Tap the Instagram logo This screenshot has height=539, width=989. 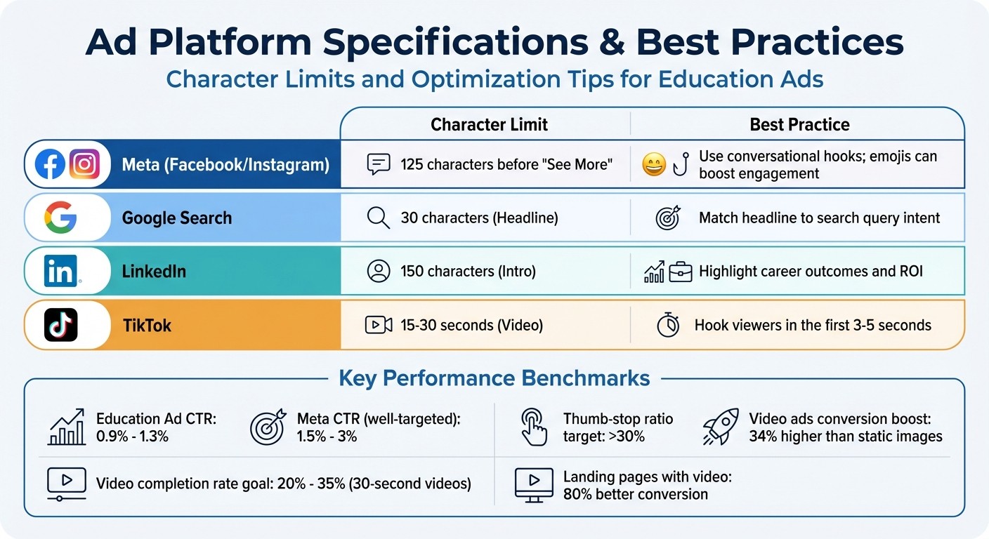84,165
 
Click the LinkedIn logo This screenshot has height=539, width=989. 60,271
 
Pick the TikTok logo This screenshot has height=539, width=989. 60,325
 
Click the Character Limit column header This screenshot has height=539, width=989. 489,125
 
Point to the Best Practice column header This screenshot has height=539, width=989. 799,125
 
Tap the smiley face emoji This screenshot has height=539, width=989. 653,165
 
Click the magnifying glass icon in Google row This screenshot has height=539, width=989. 378,218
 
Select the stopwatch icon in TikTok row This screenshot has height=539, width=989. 667,325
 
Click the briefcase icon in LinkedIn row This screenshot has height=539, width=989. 680,272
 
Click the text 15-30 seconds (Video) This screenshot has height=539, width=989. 471,325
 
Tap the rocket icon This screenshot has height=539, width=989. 721,427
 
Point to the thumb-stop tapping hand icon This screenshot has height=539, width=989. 534,427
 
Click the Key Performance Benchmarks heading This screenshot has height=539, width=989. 494,378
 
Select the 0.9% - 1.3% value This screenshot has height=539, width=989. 132,437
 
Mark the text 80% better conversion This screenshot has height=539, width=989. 635,494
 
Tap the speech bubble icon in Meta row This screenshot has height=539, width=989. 378,165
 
